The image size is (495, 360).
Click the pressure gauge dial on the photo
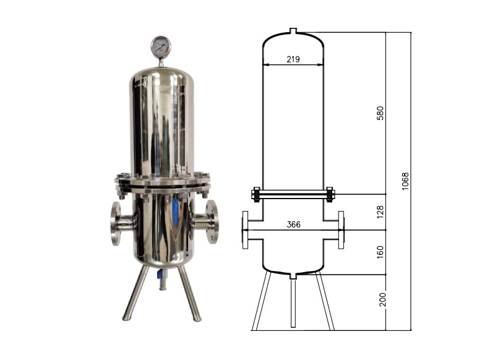click(161, 46)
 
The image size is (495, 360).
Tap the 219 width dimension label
click(293, 59)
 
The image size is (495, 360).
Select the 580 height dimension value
click(381, 113)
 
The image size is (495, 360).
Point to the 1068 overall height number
click(405, 181)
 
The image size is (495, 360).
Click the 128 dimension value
click(381, 212)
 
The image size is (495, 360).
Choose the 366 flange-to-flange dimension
click(293, 225)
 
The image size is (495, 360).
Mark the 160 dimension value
click(381, 252)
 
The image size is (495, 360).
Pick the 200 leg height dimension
click(382, 299)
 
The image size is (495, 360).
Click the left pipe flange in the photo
click(116, 223)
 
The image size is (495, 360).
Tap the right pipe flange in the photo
click(212, 221)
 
